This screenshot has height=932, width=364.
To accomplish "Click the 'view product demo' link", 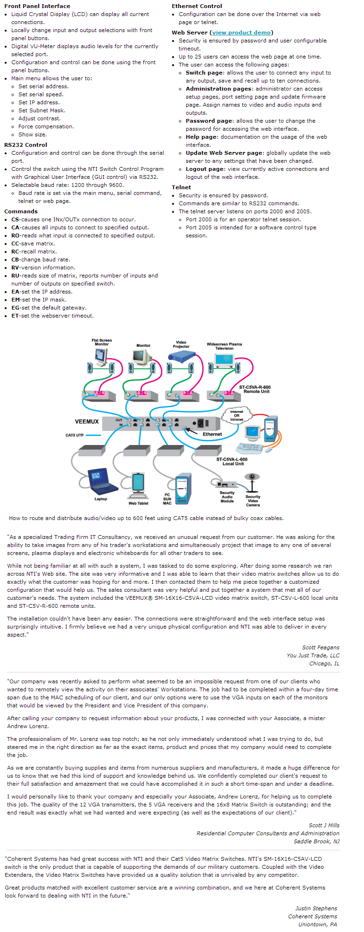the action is (x=241, y=33).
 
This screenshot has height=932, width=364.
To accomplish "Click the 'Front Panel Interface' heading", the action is (x=37, y=6).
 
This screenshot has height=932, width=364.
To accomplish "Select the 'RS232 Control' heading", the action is (x=26, y=145).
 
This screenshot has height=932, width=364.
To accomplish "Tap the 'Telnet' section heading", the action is (x=182, y=187).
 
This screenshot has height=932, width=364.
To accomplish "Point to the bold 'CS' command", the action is (x=16, y=219).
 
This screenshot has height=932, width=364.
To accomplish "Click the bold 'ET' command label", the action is (x=15, y=316).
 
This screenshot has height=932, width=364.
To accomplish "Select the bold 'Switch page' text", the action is (x=205, y=73).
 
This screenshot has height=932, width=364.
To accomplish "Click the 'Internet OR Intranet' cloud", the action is (x=237, y=415).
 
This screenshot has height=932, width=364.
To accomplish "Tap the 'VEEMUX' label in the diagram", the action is (x=87, y=421).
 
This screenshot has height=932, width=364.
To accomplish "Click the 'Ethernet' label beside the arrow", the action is (x=212, y=434).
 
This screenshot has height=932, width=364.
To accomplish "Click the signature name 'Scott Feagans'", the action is (x=321, y=647).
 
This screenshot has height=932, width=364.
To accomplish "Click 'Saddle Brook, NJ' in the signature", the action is (x=316, y=841).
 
